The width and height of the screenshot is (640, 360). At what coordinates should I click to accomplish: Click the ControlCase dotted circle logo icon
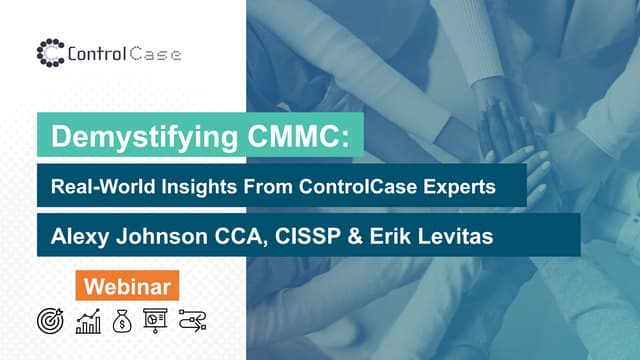[50, 51]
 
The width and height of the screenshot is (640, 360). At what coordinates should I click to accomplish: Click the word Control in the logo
[96, 51]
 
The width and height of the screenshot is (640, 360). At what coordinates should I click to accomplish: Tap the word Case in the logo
[155, 51]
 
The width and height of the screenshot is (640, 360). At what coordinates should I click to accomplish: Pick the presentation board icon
[155, 319]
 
